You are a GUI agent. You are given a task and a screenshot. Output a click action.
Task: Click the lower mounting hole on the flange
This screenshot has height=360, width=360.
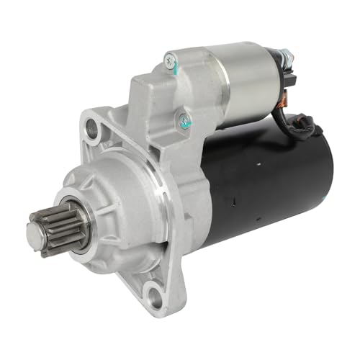[152, 290]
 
